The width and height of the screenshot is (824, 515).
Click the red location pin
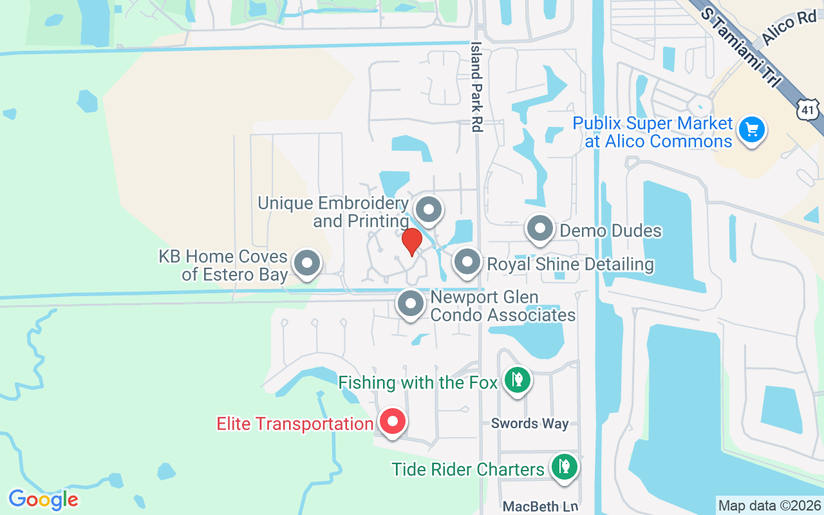tap(411, 242)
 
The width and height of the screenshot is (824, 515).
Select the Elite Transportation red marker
tap(393, 422)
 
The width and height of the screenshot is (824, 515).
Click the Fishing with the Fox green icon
tap(516, 380)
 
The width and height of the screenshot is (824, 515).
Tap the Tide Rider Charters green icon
tap(564, 467)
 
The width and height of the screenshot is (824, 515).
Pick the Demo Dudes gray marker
tap(540, 229)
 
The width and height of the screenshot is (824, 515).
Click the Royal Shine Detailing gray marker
tap(467, 262)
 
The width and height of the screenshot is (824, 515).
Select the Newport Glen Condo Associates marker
tap(410, 303)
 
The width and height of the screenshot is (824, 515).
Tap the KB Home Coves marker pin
tap(307, 263)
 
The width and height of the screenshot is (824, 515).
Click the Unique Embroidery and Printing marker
tap(428, 209)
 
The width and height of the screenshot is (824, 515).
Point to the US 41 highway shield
tap(807, 111)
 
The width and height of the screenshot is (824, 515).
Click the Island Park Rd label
tap(476, 87)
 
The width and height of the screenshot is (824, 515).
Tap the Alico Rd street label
tap(789, 30)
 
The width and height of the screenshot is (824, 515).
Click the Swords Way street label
tap(530, 423)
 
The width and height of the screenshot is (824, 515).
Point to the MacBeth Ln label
tap(540, 507)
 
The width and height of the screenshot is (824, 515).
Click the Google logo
tap(43, 499)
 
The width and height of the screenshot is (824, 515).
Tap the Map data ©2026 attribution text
tap(769, 505)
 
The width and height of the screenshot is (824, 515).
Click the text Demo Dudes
tap(610, 230)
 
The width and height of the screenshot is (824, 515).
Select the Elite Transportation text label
tap(295, 424)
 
